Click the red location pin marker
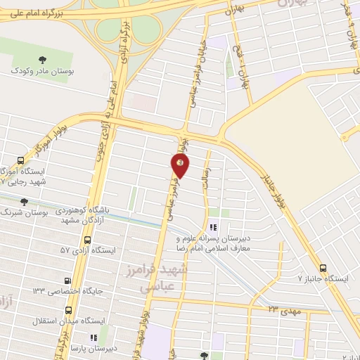(180, 165)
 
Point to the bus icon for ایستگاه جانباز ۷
(323, 268)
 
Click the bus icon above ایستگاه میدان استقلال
(68, 309)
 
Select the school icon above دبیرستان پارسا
(94, 337)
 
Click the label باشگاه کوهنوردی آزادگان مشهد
(85, 215)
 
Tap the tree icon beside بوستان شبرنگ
(25, 202)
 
